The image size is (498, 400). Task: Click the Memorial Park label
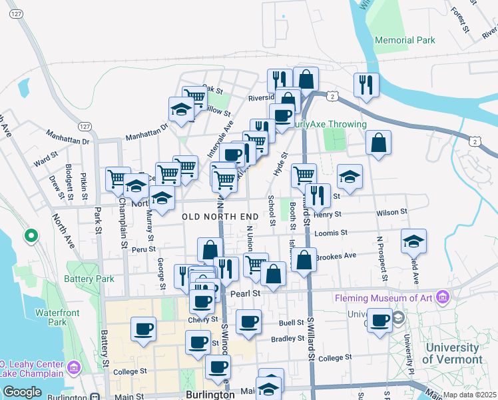tap(405, 40)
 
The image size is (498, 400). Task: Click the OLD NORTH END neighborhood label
tap(220, 217)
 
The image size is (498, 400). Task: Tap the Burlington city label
tap(210, 394)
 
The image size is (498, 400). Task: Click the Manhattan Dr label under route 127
tap(67, 141)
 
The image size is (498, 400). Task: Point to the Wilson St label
tap(391, 212)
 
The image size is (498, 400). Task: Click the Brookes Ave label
tap(336, 255)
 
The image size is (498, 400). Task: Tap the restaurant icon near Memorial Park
tap(366, 84)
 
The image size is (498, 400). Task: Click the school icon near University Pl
tap(413, 241)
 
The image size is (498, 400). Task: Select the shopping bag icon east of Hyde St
tap(378, 142)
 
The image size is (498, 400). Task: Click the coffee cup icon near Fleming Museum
tap(380, 319)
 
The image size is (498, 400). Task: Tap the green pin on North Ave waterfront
tap(31, 236)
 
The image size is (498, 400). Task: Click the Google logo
tap(22, 392)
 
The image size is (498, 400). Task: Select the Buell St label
tap(292, 323)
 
